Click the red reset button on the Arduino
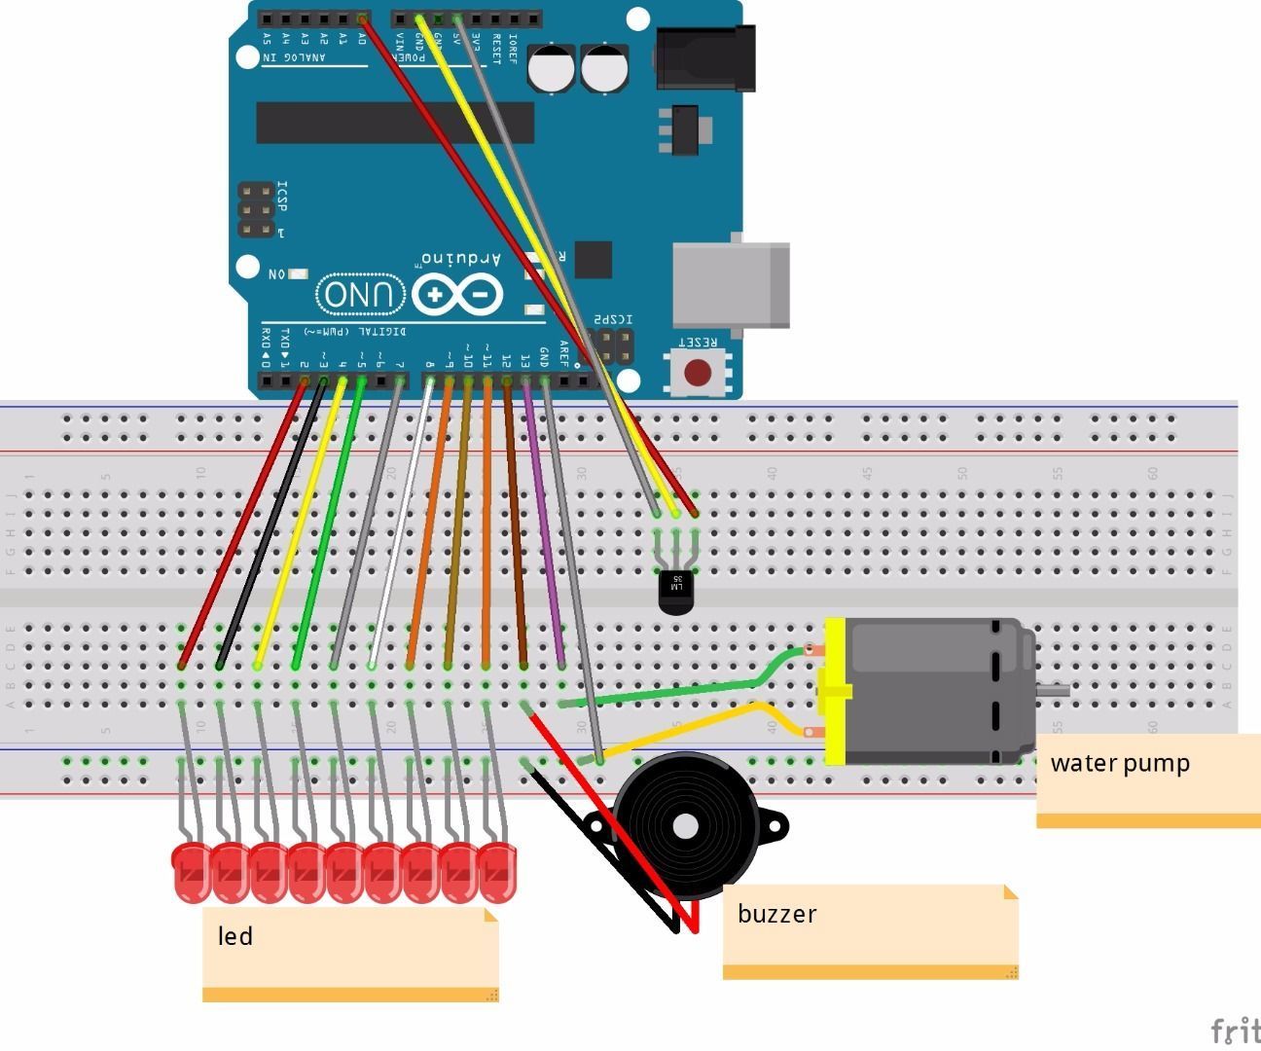click(x=697, y=373)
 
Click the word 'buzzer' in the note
click(x=776, y=914)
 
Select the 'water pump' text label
click(x=1120, y=763)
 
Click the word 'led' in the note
click(x=235, y=936)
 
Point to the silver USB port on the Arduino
click(x=730, y=285)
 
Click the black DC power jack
click(x=706, y=58)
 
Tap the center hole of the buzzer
click(x=685, y=827)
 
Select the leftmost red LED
click(x=191, y=872)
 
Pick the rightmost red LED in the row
click(x=496, y=872)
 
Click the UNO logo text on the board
click(x=360, y=294)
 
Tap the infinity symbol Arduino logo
click(x=457, y=294)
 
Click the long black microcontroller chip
click(x=394, y=123)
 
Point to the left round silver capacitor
click(x=554, y=69)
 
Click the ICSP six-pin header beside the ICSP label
click(x=256, y=210)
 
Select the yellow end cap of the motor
click(x=835, y=691)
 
